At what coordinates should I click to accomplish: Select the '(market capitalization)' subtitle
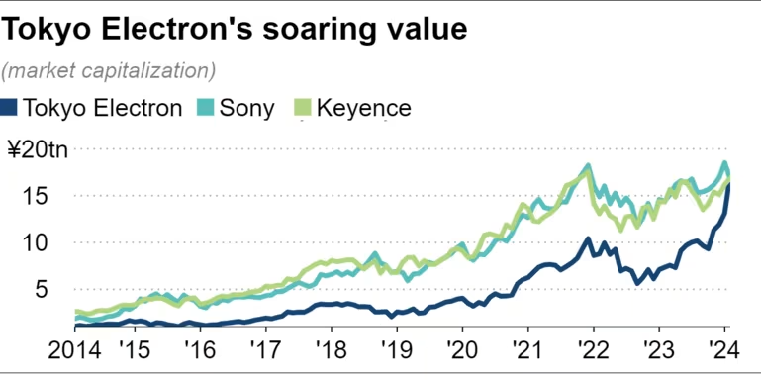[x=109, y=71]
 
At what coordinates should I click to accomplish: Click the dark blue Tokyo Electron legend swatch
[x=10, y=107]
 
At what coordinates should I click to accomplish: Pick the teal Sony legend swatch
[x=205, y=107]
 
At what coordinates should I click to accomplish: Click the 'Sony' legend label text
[x=248, y=107]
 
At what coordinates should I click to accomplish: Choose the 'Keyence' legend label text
[x=361, y=107]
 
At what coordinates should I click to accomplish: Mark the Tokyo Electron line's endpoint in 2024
[x=729, y=186]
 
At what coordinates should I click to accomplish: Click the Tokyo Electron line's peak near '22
[x=588, y=238]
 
